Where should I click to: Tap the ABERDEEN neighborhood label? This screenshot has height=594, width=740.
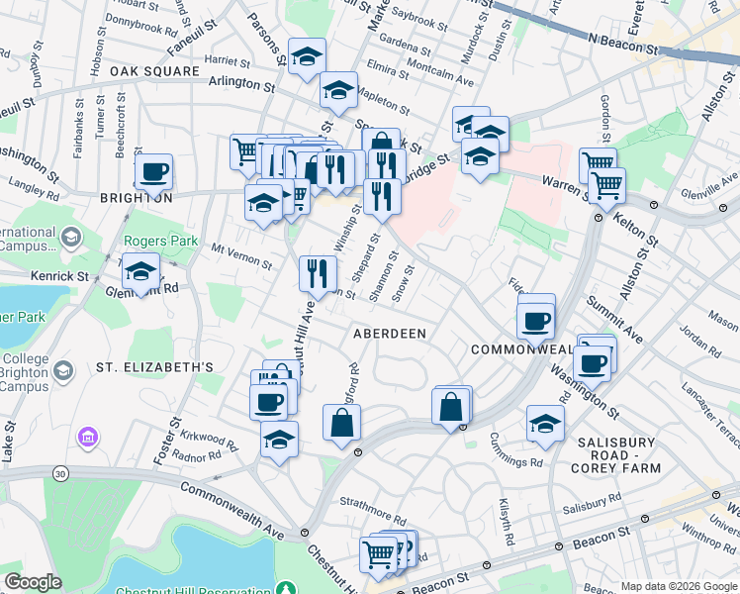tap(390, 335)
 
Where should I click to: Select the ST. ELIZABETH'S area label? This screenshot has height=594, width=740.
tap(154, 367)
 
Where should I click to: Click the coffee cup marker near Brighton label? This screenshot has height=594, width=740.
tap(153, 171)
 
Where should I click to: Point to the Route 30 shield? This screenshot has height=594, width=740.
tap(61, 475)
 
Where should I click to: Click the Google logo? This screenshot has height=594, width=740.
tap(33, 582)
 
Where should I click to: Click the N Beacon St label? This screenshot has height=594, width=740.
tap(623, 39)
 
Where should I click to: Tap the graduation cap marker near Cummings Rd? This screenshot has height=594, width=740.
tap(545, 423)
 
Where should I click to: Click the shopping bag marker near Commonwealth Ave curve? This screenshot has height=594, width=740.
tap(451, 407)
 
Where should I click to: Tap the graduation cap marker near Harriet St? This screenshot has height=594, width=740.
tap(307, 56)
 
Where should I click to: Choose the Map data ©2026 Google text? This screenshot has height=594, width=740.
tap(679, 586)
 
